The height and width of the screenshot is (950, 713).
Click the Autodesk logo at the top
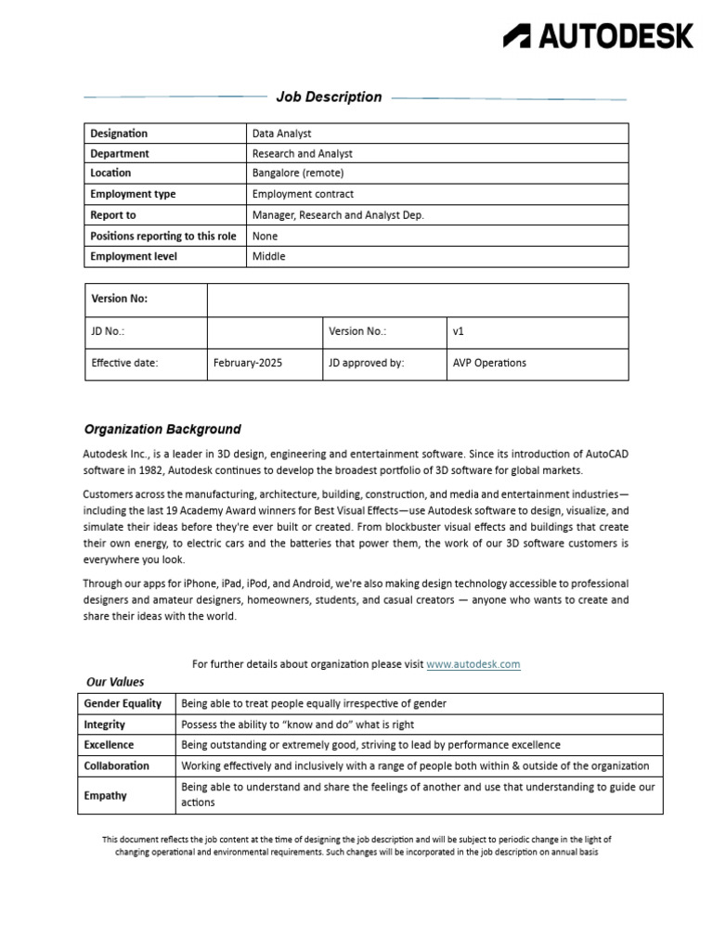tap(598, 36)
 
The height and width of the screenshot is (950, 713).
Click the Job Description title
tap(329, 96)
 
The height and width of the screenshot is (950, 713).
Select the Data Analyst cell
tap(281, 134)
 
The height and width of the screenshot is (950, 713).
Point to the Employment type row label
tap(133, 194)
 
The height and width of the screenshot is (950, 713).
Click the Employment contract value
tap(303, 194)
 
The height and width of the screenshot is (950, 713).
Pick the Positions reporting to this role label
tap(163, 236)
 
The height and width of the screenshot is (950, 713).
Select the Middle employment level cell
tap(268, 256)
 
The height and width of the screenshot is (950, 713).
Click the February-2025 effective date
tap(248, 363)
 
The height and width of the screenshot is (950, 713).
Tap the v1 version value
tap(459, 331)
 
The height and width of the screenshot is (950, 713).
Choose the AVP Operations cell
tap(489, 363)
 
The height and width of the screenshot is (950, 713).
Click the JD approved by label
tap(366, 363)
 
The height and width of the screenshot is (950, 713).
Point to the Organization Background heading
tap(162, 430)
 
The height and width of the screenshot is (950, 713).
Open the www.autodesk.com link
tap(473, 664)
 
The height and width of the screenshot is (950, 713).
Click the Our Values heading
tap(115, 682)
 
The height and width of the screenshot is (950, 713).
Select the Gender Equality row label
tap(123, 703)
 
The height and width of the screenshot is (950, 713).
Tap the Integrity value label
tap(105, 725)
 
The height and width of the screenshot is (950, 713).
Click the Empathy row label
tap(105, 795)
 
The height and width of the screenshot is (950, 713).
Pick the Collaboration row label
tap(116, 765)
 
